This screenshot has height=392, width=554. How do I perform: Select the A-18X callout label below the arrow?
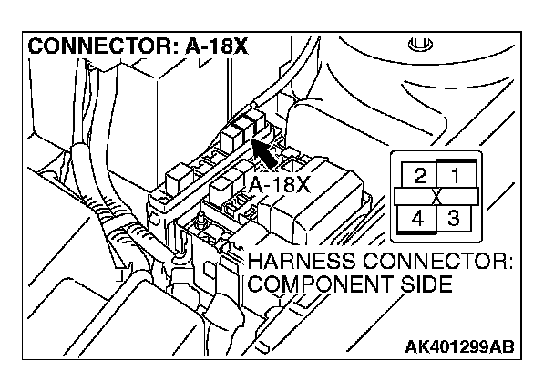[x=279, y=185]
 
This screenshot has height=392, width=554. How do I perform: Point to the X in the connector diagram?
[x=436, y=197]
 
